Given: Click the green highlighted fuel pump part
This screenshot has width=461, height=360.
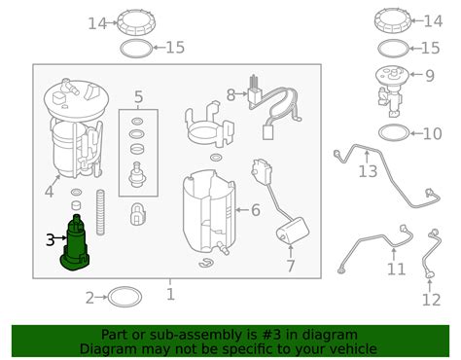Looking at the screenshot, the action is pos(75,246).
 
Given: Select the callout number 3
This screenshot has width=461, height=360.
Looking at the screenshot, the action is pos(51,240).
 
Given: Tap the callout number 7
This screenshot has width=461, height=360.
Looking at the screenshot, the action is pos(291,266).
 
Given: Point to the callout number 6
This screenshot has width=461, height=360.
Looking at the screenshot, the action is pos(256,210).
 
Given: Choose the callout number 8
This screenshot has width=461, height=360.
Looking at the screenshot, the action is pos(230,95).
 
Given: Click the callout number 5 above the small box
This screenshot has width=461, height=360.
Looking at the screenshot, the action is pos(138,97).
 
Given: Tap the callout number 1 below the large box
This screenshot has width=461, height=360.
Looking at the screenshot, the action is pos(170,294).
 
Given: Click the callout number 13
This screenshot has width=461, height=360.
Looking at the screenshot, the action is pos(368,171).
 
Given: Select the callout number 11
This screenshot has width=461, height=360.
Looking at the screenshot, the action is pos(396,270).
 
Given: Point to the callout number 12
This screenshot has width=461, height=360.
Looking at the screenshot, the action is pos(432,300).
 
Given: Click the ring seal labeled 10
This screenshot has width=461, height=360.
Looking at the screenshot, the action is pos(394,133).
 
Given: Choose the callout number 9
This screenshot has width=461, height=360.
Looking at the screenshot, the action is pos(430,76).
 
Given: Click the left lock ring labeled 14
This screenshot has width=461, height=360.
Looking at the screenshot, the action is pos(136,22).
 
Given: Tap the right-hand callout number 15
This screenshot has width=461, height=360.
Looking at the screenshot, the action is pos(430,48).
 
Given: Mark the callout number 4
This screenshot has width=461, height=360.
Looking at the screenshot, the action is pos(49,192).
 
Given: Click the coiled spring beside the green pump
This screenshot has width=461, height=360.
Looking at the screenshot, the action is pos(101,212).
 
